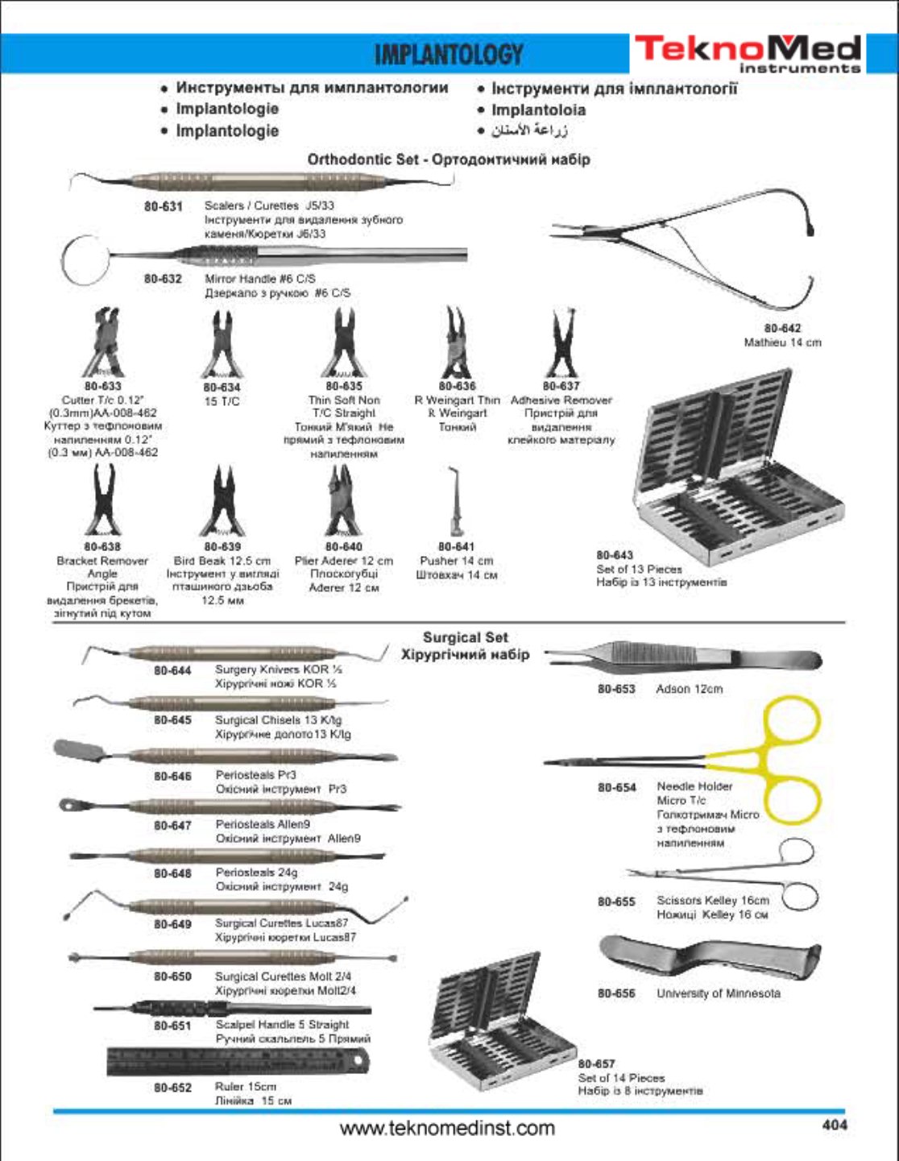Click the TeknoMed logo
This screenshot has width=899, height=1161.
[748, 53]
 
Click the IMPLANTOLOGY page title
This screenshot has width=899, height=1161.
[449, 54]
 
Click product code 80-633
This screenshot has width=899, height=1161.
[102, 386]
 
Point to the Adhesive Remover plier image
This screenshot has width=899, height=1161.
[561, 345]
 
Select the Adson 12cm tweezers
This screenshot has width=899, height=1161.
[683, 657]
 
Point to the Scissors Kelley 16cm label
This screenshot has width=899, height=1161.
[712, 901]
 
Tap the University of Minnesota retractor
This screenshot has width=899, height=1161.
[709, 959]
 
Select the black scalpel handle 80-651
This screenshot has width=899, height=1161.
[232, 1008]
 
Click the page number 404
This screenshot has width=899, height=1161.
[834, 1125]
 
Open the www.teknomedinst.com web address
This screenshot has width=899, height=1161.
[447, 1128]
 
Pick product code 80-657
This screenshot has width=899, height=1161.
[596, 1064]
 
